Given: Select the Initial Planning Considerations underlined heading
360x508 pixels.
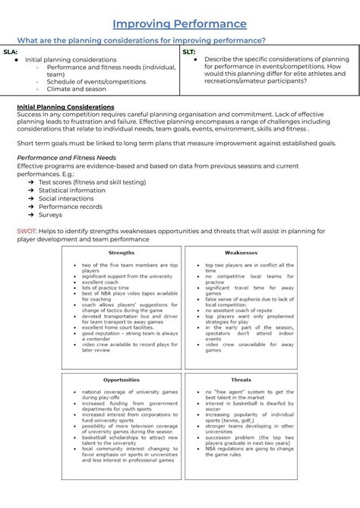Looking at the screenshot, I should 65,107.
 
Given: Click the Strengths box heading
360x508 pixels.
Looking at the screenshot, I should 122,253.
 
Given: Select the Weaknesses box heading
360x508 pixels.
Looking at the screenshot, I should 241,253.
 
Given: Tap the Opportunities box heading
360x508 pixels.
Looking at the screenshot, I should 122,379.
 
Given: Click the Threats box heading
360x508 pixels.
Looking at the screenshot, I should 241,379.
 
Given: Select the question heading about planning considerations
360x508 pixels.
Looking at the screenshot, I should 141,39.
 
